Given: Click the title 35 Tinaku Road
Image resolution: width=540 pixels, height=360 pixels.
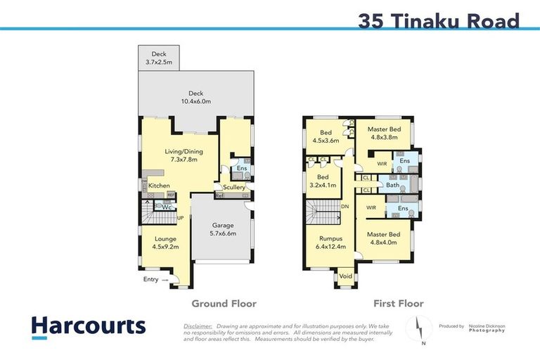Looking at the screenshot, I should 438,20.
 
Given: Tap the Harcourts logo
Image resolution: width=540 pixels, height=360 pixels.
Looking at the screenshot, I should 88,326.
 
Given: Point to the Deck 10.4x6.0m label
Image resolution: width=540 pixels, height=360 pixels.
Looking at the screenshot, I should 195,97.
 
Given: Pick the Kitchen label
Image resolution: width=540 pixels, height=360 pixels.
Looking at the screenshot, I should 159,186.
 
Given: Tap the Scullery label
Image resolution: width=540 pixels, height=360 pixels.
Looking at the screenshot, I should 234,188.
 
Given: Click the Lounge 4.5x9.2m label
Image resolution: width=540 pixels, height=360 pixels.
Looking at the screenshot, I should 165,243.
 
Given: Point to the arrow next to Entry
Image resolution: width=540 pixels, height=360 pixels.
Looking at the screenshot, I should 166,280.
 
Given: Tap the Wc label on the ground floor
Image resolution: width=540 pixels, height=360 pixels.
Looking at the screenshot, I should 167,207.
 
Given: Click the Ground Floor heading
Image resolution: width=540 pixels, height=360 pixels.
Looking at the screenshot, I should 224,304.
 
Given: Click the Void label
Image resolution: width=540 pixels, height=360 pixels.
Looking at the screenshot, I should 345,276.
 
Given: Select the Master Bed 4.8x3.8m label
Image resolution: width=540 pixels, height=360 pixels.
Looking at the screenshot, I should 384,134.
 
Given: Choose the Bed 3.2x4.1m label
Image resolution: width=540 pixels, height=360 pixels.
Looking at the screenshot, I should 323,181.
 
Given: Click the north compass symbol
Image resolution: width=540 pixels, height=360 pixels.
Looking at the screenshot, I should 419,328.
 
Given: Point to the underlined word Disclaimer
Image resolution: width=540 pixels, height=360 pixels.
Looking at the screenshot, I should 198,326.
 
